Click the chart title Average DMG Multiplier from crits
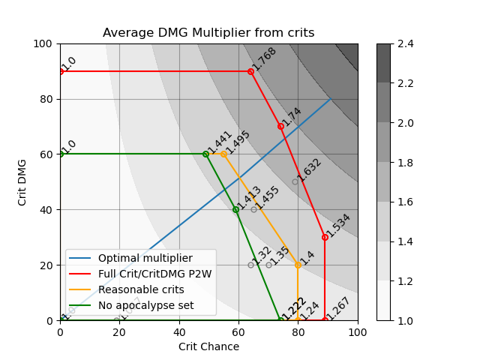[x=208, y=33]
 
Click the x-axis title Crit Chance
[x=208, y=346]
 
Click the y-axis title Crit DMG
[x=22, y=182]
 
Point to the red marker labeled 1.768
[x=250, y=71]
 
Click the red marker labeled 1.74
[x=280, y=126]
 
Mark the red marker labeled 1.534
[x=325, y=237]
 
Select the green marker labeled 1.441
[x=205, y=154]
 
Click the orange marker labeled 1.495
[x=223, y=154]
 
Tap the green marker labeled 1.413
[x=235, y=209]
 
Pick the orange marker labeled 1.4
[x=298, y=265]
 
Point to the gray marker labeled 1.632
[x=295, y=181]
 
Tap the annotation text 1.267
[x=338, y=308]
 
